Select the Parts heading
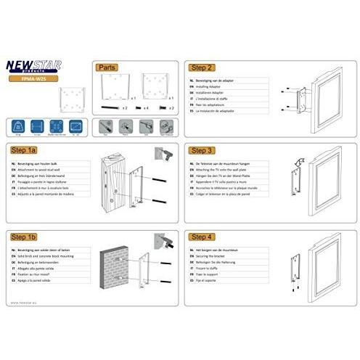[x=107, y=66]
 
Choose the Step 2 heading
[x=201, y=66]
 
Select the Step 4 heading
[x=201, y=237]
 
